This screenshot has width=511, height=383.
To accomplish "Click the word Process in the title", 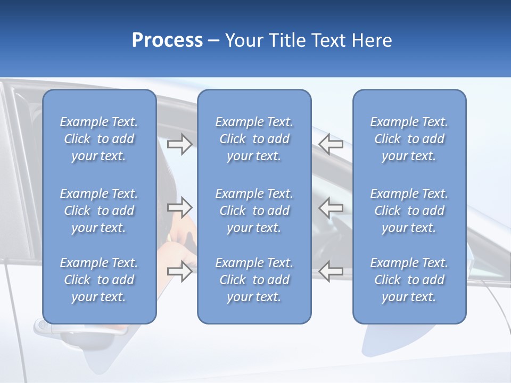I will tap(167, 40).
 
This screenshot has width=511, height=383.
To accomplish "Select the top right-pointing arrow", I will tap(179, 144).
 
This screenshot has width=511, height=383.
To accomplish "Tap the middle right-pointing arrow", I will tap(179, 207).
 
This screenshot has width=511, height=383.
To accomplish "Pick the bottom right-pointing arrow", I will tap(179, 271).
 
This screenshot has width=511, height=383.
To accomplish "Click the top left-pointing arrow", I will tap(331, 144).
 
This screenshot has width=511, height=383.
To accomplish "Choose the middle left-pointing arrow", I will tap(331, 207).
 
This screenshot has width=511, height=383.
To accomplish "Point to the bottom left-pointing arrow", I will tap(331, 271).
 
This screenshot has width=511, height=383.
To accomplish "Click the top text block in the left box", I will tap(99, 139).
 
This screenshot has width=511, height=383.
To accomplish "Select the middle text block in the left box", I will tap(99, 211).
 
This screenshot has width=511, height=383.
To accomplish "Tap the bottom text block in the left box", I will tap(99, 280).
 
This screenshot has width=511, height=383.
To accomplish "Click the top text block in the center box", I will tap(254, 139).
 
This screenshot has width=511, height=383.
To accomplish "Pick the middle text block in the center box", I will tap(254, 211).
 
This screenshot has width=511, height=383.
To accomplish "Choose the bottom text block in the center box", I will tap(254, 280).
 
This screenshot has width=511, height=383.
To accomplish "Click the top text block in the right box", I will tap(409, 139).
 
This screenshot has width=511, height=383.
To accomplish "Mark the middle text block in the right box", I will tap(409, 211).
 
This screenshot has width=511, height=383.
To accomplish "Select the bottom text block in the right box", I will tap(409, 280).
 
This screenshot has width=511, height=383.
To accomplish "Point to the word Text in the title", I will tap(327, 40).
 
